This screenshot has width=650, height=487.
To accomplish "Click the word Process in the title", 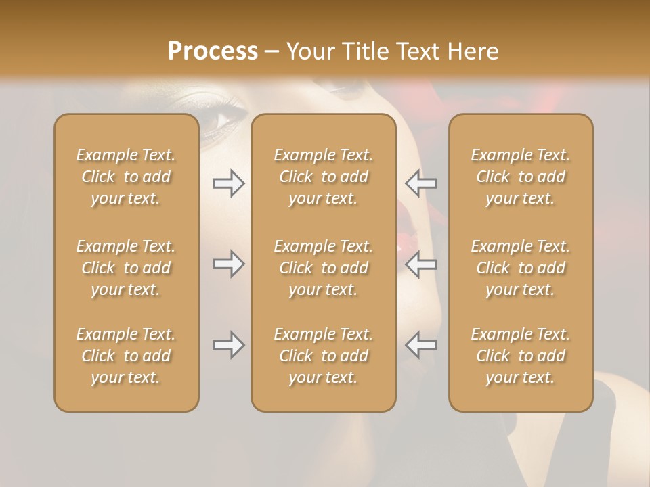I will (x=213, y=51).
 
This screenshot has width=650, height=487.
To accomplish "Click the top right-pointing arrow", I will (x=228, y=183).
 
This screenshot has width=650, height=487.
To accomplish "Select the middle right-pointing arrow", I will (x=228, y=264).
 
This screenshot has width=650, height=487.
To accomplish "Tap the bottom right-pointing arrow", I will (x=228, y=345).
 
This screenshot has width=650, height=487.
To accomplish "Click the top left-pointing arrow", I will (x=420, y=183).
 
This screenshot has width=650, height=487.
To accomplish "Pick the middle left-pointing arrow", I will (x=420, y=264).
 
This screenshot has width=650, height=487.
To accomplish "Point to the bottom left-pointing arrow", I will (x=420, y=345).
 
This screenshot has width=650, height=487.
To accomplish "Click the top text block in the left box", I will (x=126, y=177).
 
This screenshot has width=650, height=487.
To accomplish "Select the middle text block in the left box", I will (x=126, y=268).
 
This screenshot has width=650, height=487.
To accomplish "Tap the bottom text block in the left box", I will (x=126, y=356).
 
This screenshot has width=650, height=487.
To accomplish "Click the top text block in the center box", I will (x=324, y=177).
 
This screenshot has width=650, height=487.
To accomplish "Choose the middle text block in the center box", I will (x=324, y=268).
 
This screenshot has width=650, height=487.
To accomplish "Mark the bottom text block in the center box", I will (x=324, y=356).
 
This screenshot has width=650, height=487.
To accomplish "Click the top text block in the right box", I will (x=521, y=177).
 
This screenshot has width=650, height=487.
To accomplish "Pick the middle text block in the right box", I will (x=521, y=268).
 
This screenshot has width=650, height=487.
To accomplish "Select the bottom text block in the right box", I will (x=521, y=356).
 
